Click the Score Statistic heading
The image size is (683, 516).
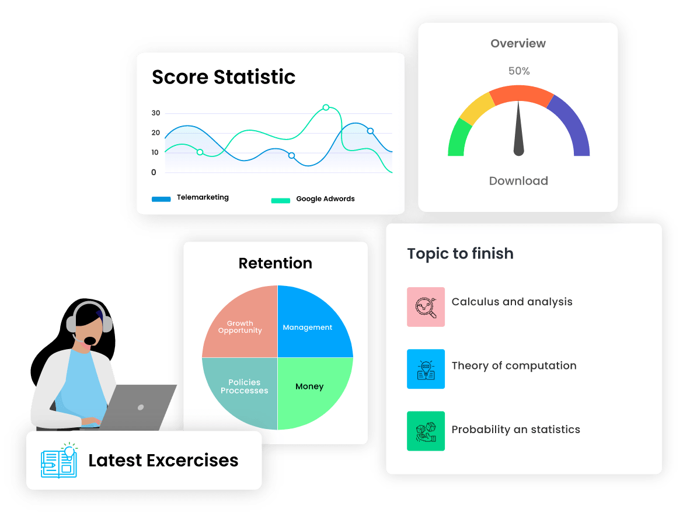coord(224,77)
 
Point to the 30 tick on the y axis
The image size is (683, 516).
coord(156,113)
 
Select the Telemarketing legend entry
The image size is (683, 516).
coord(190,198)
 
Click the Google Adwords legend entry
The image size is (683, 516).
coord(313,199)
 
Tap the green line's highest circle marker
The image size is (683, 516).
coord(326,107)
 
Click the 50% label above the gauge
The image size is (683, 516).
coord(518,71)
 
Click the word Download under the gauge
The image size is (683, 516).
coord(518,181)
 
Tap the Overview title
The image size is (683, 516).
coord(518,43)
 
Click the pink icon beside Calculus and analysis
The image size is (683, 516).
coord(426,306)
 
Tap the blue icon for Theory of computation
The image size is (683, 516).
coord(426,369)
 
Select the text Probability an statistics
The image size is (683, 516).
coord(516,430)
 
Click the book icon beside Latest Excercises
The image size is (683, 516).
coord(59,461)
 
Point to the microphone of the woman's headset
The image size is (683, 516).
coord(89,340)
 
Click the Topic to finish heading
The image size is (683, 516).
coord(461,254)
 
